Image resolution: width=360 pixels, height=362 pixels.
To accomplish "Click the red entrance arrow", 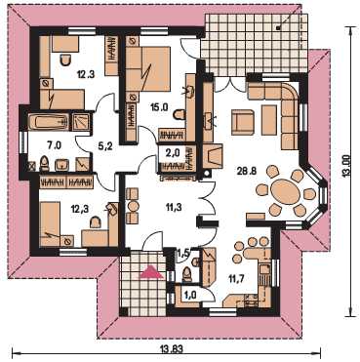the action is pos(151,272).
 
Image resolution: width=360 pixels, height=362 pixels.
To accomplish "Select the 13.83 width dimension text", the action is pos(172,349).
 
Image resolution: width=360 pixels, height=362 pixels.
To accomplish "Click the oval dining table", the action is pos(285,192).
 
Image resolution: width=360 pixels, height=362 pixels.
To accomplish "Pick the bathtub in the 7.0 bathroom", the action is pos(49,122).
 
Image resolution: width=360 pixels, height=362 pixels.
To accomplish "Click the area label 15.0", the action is pos(159,107).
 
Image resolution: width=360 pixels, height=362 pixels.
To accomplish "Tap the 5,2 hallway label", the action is pos(104,147).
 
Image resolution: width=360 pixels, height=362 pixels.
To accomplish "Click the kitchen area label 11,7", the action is pos(236,278).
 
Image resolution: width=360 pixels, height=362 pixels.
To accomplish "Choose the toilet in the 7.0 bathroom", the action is pos(44,164).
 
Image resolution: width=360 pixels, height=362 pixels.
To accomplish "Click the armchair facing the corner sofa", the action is pos(243,122).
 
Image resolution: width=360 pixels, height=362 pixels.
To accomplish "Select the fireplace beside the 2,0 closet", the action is pos(213,156).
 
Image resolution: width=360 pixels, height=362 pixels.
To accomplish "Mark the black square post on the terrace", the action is pos(278,28).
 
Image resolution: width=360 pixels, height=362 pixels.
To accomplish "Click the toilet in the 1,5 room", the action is pos(187,273).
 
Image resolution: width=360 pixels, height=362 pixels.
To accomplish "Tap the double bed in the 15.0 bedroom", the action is pos(148,69).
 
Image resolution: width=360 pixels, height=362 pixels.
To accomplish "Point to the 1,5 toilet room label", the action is pos(182,252).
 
